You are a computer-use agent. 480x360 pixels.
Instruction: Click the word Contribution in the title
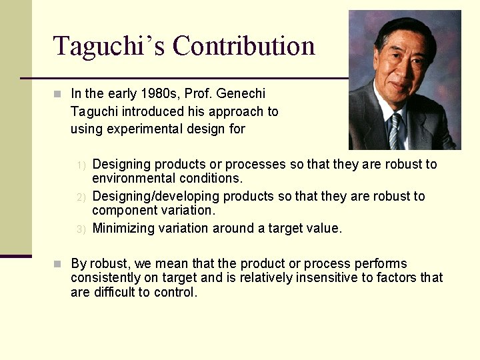click(x=243, y=46)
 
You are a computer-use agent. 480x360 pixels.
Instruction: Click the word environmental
click(x=130, y=178)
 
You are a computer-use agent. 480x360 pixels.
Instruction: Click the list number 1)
click(x=81, y=165)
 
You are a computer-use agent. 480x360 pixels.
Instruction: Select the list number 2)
click(x=81, y=197)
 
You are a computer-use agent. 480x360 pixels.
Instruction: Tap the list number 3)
click(x=81, y=229)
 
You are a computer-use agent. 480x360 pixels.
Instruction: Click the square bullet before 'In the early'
click(x=58, y=94)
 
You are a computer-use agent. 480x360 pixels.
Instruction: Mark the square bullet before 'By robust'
click(x=58, y=263)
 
